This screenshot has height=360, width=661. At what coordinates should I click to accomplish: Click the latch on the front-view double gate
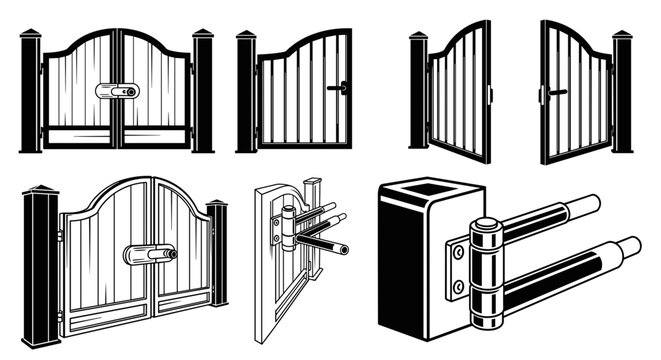pos(118,91)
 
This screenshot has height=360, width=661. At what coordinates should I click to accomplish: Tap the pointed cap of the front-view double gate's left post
pos(30,35)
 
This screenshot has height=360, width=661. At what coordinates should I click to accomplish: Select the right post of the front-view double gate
pos(203,92)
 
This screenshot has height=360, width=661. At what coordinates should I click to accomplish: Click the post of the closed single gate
pos(246,92)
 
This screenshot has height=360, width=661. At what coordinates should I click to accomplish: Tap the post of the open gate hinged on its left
pos(418,92)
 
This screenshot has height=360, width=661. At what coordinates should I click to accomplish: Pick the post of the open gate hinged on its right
pos(622,92)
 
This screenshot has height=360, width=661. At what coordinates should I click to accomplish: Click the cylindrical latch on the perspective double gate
pos(150,255)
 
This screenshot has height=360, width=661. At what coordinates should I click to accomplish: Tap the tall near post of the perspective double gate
pos(42,265)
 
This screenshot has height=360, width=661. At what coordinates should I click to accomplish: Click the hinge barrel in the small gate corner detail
pos(288,228)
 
